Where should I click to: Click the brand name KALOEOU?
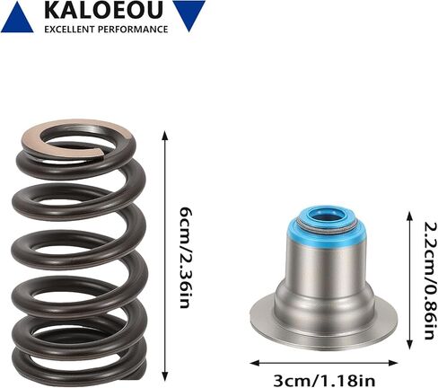click(x=103, y=10)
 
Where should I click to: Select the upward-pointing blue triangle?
click(x=17, y=17)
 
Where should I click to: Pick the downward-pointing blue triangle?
click(x=189, y=15)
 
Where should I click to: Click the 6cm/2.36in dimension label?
click(x=185, y=258)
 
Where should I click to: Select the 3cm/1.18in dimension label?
click(x=324, y=381)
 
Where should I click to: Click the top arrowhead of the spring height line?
click(x=164, y=135)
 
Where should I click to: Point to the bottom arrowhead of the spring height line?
click(x=164, y=376)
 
